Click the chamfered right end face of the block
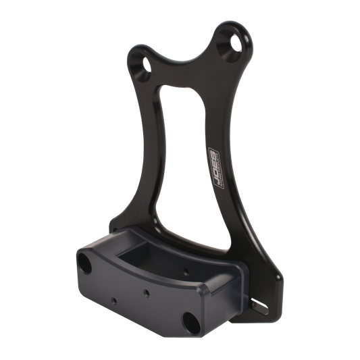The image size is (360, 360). pyautogui.click(x=230, y=297)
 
